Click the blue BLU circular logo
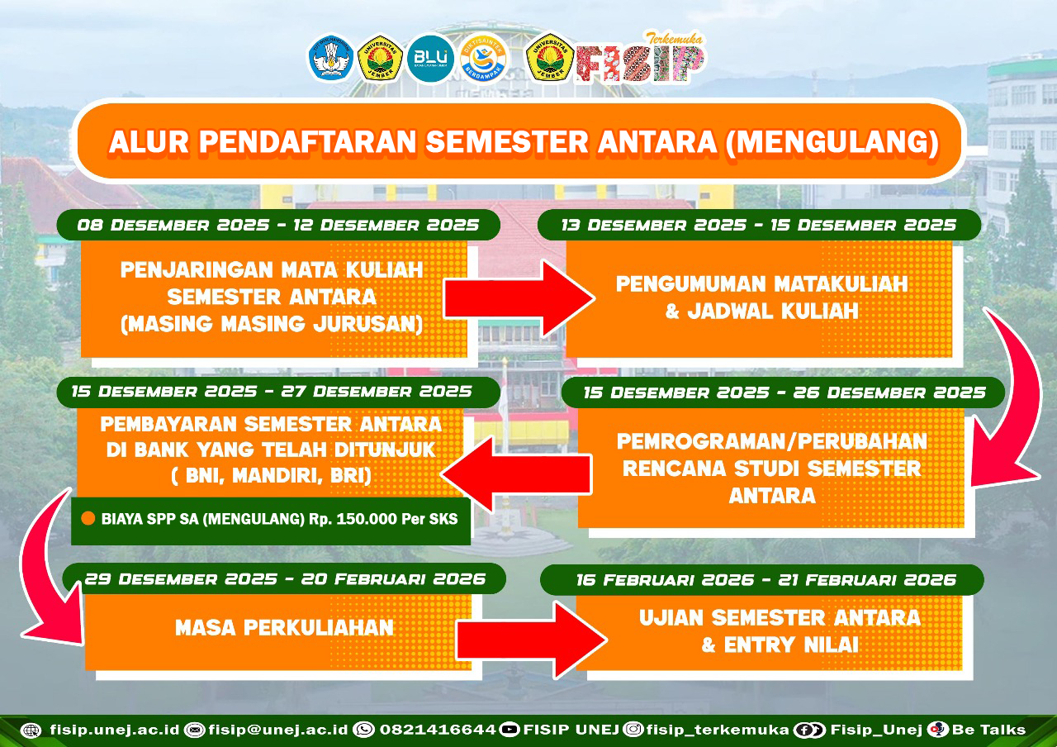[x=430, y=59]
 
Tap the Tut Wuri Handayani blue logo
[x=331, y=59]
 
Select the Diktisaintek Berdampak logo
[x=483, y=59]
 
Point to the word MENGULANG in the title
[x=832, y=142]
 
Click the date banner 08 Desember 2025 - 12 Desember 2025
[x=278, y=226]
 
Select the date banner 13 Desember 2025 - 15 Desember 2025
[x=759, y=226]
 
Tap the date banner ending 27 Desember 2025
[x=278, y=392]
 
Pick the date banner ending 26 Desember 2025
[x=784, y=393]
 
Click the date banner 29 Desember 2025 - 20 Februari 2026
[x=285, y=579]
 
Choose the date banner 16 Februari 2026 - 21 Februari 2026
[x=762, y=580]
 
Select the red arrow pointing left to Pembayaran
[x=516, y=474]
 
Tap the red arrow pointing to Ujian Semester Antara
[x=532, y=640]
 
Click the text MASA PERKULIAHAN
[x=284, y=628]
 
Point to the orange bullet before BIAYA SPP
[x=88, y=518]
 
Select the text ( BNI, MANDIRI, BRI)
[x=272, y=476]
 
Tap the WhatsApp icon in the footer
[x=364, y=730]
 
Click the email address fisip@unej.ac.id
[x=278, y=730]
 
